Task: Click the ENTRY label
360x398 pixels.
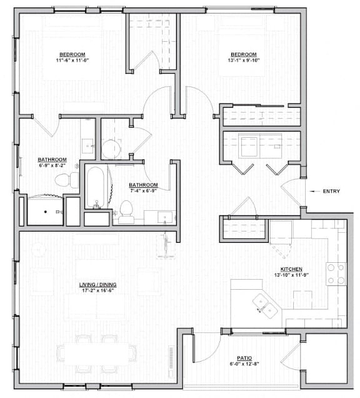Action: (x=331, y=191)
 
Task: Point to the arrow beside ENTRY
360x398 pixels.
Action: (x=312, y=191)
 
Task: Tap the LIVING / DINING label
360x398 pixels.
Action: (x=97, y=285)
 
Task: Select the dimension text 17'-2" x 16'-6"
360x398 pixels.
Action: (x=97, y=291)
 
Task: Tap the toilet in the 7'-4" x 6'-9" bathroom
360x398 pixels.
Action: (x=125, y=211)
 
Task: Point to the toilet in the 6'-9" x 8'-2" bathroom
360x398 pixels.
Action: (x=63, y=181)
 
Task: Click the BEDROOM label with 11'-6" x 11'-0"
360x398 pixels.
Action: (x=72, y=54)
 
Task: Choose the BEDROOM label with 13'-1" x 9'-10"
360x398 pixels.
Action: (x=244, y=54)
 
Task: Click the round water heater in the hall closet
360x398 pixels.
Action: (x=111, y=149)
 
